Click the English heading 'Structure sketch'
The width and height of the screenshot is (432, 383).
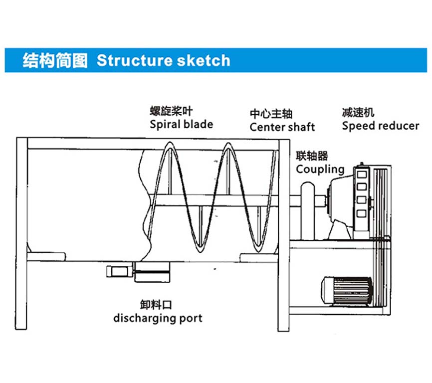[163, 61]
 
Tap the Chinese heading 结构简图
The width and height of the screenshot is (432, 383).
[54, 61]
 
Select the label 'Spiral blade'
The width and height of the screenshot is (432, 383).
[181, 124]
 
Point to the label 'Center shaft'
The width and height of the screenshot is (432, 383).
[282, 127]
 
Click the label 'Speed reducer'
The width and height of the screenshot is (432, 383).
[381, 126]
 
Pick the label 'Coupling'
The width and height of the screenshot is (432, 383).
[320, 170]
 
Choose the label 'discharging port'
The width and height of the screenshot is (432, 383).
[158, 318]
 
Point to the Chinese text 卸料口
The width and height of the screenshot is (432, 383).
[156, 304]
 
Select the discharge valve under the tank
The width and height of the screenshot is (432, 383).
[139, 272]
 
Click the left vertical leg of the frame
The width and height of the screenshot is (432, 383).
[21, 234]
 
